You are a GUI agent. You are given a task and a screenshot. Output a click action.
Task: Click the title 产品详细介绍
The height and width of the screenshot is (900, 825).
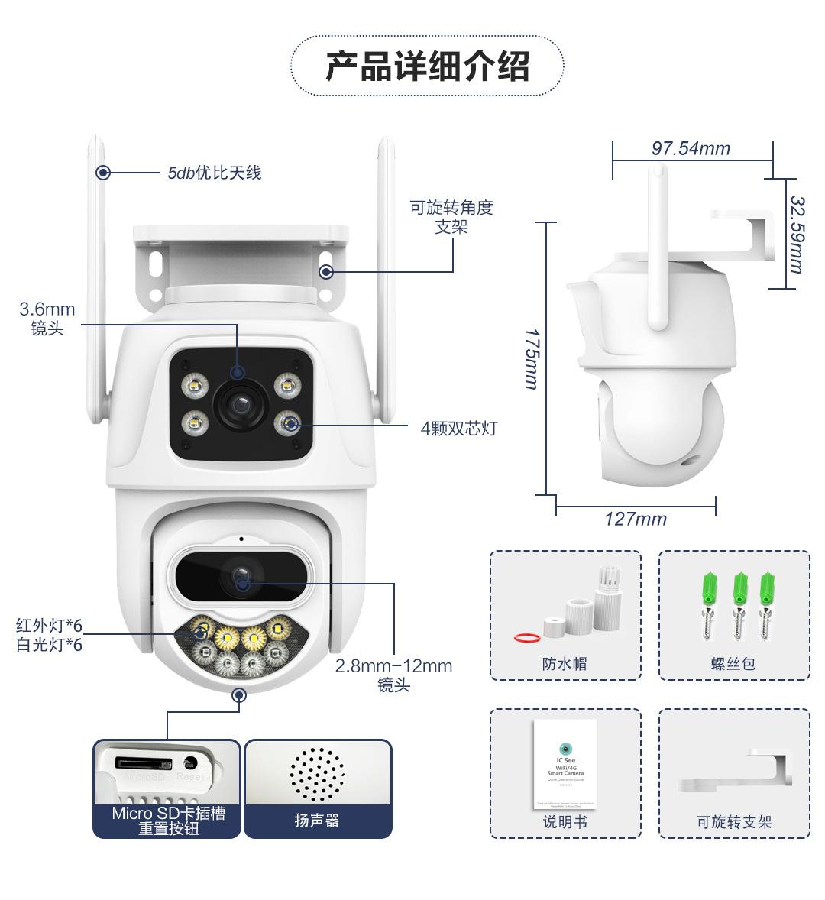[427, 66]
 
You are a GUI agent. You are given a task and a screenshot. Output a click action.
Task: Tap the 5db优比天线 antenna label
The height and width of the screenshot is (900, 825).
[214, 173]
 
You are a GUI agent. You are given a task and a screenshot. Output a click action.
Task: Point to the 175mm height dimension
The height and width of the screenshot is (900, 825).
[532, 359]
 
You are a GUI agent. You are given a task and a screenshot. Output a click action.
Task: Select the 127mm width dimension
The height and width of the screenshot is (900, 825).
[636, 520]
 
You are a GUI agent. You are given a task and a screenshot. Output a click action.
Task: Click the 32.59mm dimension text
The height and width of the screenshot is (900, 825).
[797, 234]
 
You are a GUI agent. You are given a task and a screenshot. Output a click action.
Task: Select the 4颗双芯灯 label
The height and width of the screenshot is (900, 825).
[458, 429]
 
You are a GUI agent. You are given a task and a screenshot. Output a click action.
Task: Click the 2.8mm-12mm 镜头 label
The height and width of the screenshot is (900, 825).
[393, 675]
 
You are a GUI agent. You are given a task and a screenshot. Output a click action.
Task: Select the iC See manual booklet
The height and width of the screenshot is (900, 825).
[565, 763]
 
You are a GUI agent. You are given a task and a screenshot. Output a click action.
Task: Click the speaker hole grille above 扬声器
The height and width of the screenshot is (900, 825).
[317, 772]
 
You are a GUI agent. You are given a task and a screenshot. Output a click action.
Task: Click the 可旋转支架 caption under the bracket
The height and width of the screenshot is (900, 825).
[733, 822]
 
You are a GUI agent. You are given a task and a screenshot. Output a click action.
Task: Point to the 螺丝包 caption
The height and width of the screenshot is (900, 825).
[733, 664]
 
